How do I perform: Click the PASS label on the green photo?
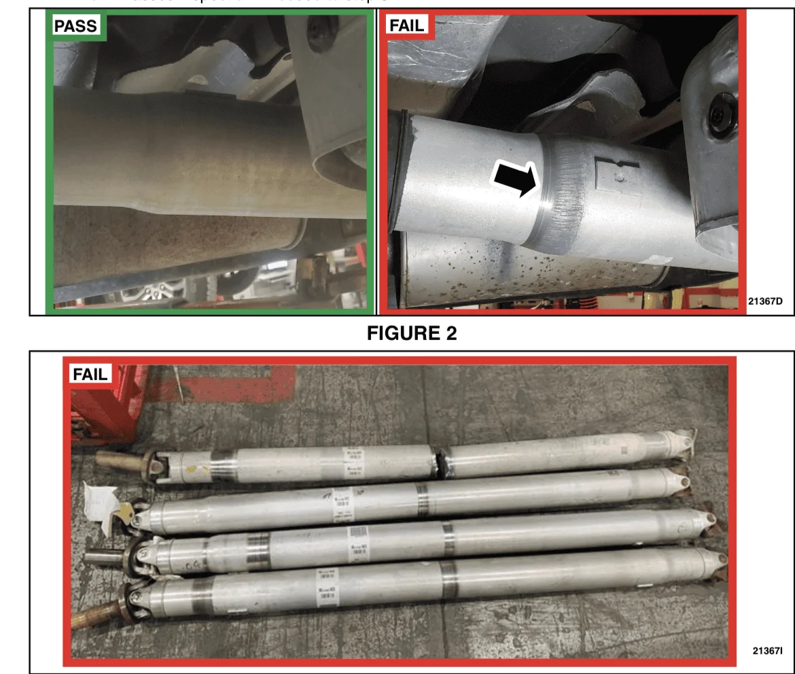point(76,27)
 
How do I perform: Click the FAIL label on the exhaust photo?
point(406,26)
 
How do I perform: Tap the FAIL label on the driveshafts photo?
point(90,374)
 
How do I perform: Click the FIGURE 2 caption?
point(412,333)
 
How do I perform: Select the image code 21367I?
point(766,650)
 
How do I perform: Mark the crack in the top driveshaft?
point(442,460)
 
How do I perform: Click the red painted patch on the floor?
point(224,388)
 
